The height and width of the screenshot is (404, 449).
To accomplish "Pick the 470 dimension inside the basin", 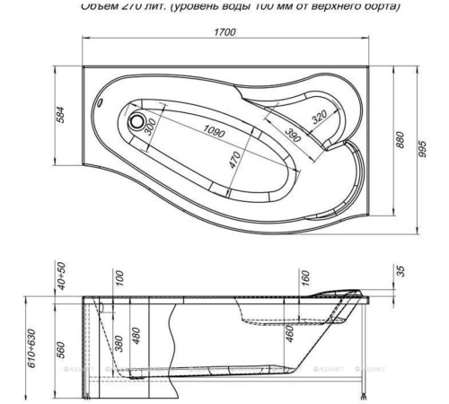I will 234,164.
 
